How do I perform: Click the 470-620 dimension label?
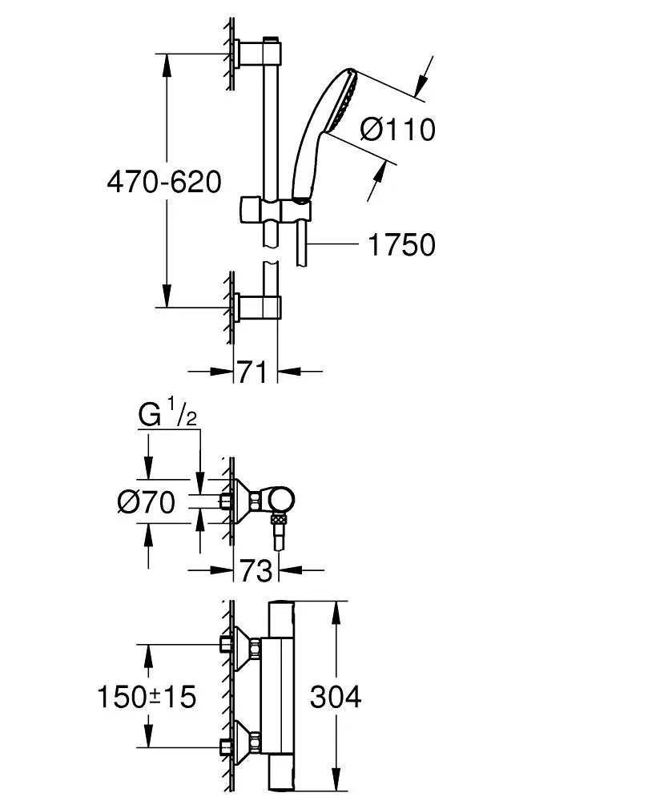tap(163, 182)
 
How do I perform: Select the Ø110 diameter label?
tap(396, 129)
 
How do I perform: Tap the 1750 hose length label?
tap(401, 245)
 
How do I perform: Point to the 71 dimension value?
tap(252, 372)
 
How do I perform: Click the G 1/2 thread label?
tap(167, 416)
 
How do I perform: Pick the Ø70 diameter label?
tap(146, 503)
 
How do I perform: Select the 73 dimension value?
tap(253, 571)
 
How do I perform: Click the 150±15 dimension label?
tap(146, 696)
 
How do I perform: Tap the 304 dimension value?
tap(335, 696)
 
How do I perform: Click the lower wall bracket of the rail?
tap(258, 307)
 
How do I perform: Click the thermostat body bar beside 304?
tap(282, 696)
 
